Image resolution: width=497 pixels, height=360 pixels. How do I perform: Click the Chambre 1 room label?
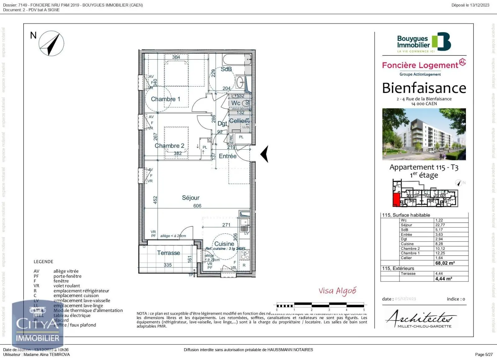(x=165, y=99)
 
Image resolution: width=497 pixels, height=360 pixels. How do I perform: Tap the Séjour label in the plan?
(x=190, y=198)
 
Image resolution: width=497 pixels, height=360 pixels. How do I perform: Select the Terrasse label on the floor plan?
(x=168, y=253)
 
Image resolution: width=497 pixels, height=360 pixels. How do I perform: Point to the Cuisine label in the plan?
(x=224, y=244)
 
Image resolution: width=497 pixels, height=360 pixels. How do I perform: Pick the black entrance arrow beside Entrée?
(x=265, y=154)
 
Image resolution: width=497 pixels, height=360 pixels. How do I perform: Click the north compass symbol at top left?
(x=52, y=43)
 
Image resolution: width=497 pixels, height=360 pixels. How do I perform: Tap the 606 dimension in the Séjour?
(x=197, y=206)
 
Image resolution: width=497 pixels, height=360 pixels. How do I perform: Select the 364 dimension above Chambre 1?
(x=176, y=57)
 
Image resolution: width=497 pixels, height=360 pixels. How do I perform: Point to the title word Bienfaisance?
(x=424, y=88)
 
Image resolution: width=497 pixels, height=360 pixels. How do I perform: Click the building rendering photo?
(x=424, y=134)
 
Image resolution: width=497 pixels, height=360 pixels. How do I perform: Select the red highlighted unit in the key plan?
(x=396, y=199)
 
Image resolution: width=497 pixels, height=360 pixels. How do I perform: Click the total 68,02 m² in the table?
(x=445, y=263)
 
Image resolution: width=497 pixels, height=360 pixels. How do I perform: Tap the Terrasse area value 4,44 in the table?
(x=439, y=273)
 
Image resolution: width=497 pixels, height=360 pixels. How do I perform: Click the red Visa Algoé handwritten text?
(x=337, y=291)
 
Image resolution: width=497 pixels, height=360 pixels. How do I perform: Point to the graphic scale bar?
(x=320, y=305)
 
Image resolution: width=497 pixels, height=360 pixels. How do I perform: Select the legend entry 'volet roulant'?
(x=66, y=286)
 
